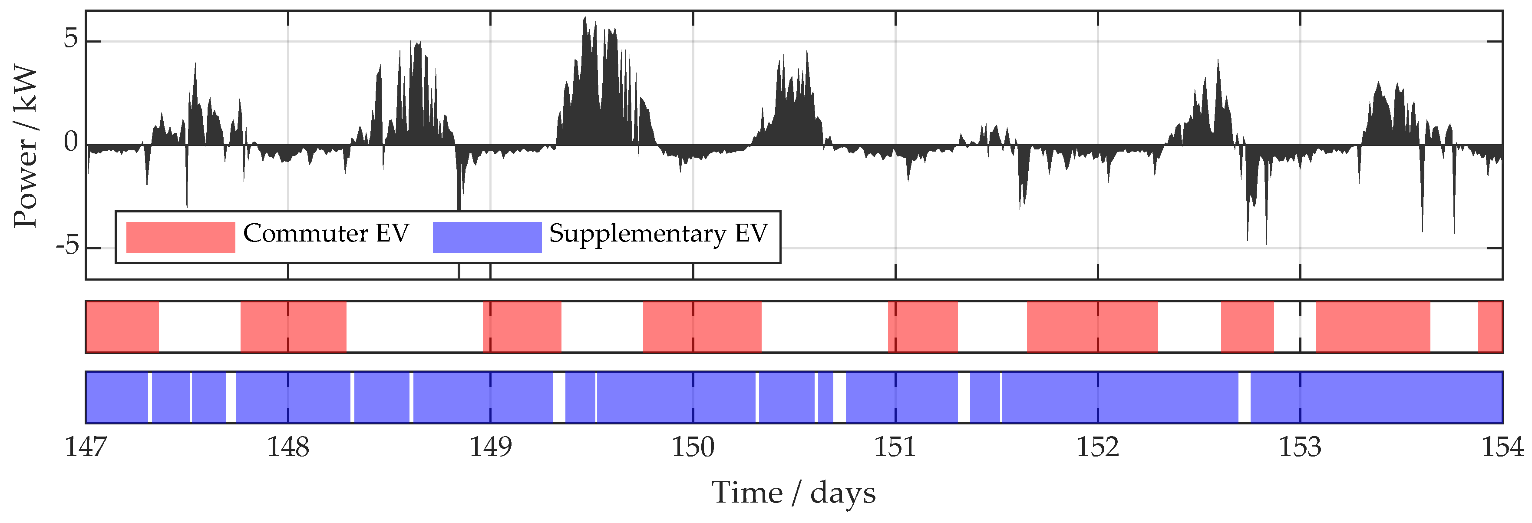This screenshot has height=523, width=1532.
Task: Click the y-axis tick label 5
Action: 71,40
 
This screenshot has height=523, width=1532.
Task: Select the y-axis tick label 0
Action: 71,143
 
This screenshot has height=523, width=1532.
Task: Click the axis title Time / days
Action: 793,493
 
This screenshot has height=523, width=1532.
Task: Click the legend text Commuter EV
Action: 326,233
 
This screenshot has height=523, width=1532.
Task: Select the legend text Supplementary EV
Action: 658,233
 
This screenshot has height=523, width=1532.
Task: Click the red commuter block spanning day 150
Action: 702,327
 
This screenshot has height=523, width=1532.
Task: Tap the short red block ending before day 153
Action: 1247,327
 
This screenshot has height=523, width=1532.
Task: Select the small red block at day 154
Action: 1490,327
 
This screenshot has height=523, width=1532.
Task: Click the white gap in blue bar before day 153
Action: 1244,397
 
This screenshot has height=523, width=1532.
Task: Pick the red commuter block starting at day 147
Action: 122,327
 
